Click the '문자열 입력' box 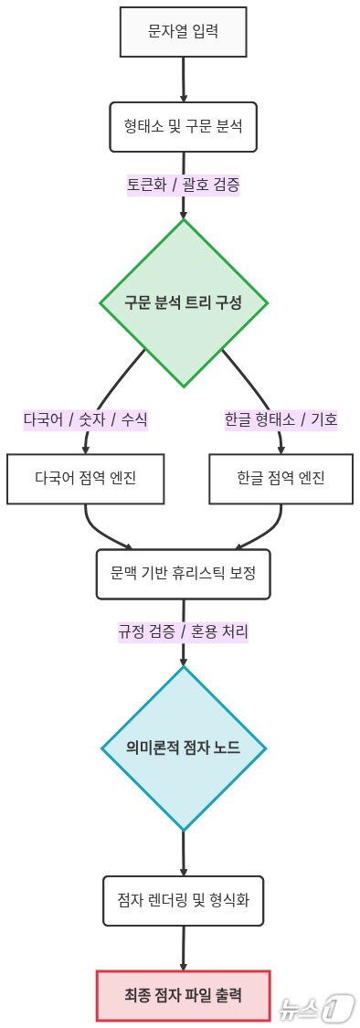click(184, 31)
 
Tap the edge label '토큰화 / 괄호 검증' click(184, 184)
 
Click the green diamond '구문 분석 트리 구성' click(184, 302)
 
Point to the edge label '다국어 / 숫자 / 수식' click(86, 419)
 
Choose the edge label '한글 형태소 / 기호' click(281, 419)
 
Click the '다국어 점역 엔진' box click(86, 478)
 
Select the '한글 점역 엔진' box click(281, 478)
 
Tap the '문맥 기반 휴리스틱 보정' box click(184, 574)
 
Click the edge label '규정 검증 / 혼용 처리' click(184, 631)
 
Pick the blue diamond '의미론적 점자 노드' click(184, 748)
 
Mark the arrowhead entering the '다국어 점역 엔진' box click(86, 448)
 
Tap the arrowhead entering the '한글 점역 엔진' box click(281, 448)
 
